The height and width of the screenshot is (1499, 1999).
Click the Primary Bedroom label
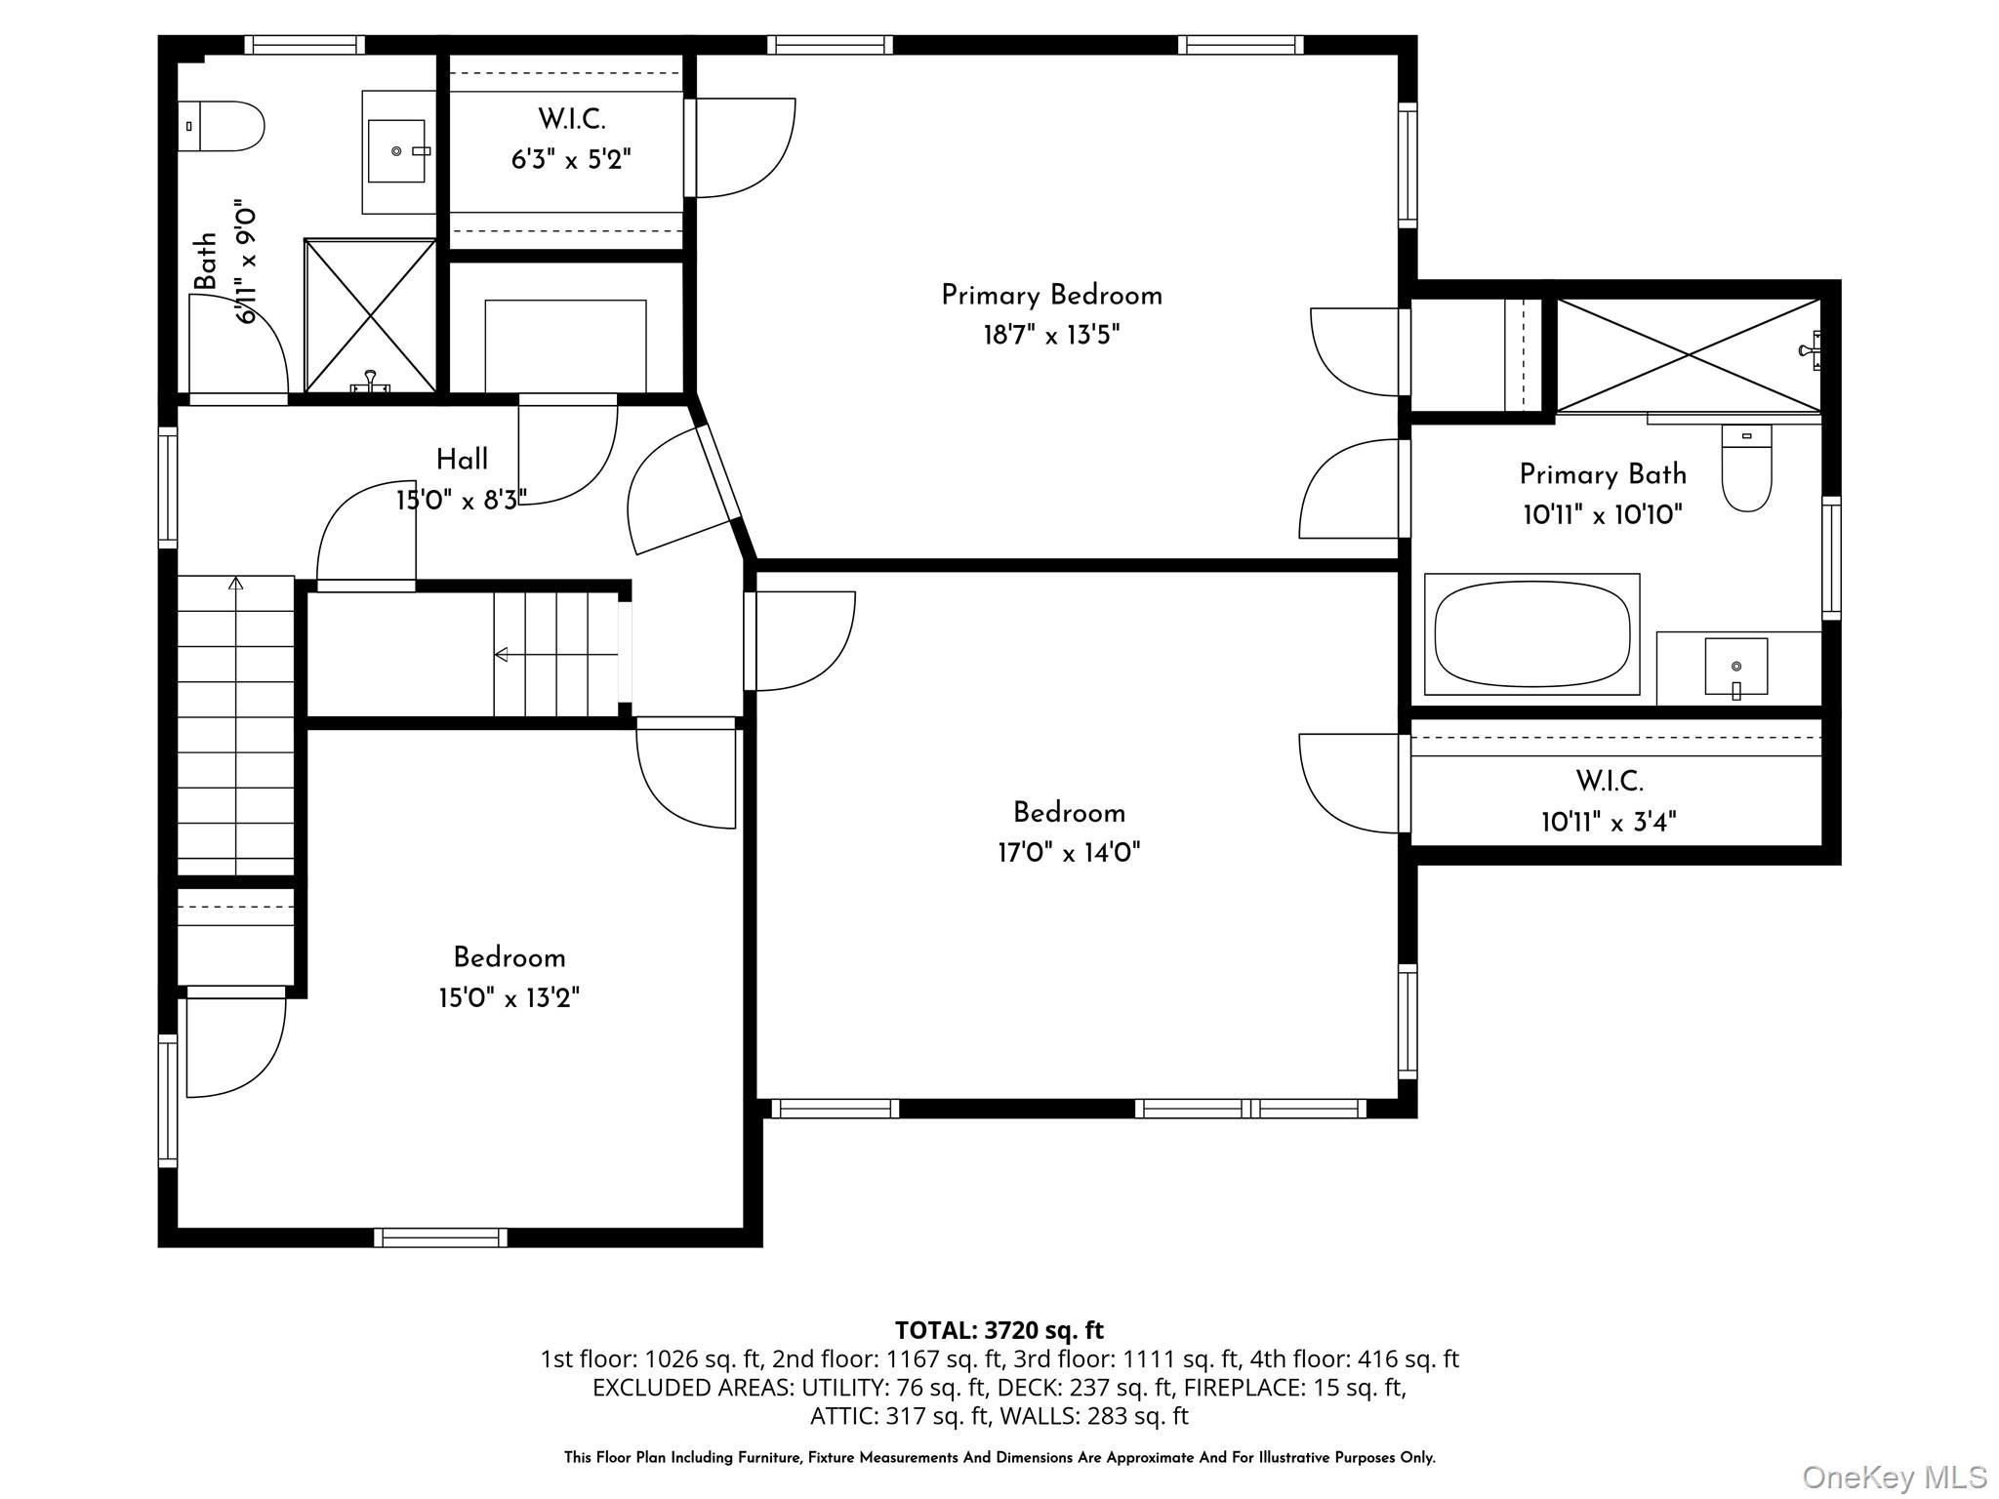tap(1051, 296)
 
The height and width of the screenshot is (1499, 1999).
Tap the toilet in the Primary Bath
tap(1746, 469)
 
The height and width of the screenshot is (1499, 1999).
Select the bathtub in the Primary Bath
tap(1531, 634)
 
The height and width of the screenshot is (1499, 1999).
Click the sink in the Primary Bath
tap(1735, 667)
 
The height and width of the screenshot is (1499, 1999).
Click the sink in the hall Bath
tap(396, 151)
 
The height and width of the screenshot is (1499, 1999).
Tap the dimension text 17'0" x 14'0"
tap(1068, 853)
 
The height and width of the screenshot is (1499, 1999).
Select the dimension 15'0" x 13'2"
tap(509, 998)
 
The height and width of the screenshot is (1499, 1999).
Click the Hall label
tap(462, 460)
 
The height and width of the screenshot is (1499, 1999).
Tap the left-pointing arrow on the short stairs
tap(502, 654)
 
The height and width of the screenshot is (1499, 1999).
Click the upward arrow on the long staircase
tap(235, 584)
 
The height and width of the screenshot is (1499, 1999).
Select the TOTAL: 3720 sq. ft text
tap(999, 1330)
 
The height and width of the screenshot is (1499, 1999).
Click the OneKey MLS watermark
tap(1894, 1478)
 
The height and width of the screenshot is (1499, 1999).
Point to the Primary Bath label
tap(1603, 474)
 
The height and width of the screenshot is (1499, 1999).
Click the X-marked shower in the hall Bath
tap(370, 315)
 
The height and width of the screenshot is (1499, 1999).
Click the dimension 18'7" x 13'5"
tap(1051, 336)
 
